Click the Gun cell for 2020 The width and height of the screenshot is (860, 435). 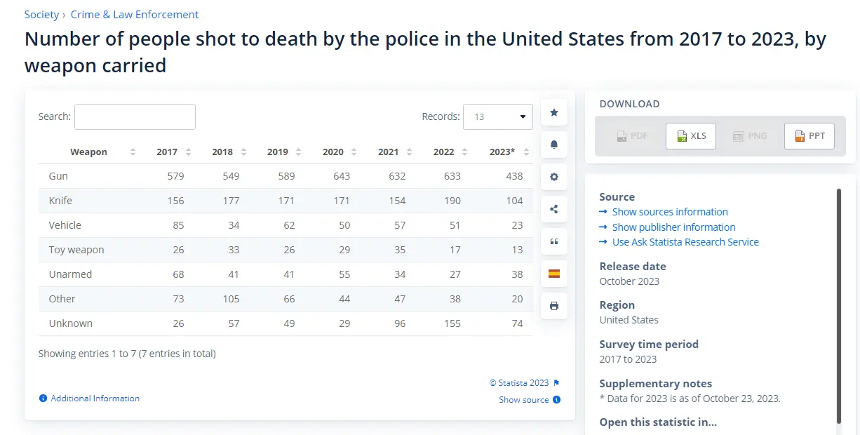coord(342,176)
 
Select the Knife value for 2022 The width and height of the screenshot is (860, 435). coord(452,201)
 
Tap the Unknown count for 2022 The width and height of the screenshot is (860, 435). coord(452,323)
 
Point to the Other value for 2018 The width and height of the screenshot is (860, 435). coord(231,299)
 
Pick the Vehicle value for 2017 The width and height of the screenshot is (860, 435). coord(178,225)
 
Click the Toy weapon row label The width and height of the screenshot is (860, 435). coord(76,250)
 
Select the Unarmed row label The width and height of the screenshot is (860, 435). coord(70,274)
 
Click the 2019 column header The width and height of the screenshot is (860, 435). coord(278,152)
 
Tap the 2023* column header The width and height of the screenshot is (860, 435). coord(502,152)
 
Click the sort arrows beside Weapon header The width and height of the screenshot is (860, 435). coord(133,152)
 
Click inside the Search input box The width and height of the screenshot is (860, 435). coord(135,116)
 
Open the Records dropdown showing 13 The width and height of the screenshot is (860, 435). coord(498,116)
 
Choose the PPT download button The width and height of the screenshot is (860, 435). coord(809,136)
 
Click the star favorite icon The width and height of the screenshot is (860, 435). coord(554,112)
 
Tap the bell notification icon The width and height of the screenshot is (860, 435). coord(554,145)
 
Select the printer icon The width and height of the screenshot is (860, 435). coord(554,306)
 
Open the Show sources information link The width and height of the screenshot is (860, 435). coord(670,212)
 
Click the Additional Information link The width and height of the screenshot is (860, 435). coord(95,399)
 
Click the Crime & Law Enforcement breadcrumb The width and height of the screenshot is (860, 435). coord(135,15)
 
